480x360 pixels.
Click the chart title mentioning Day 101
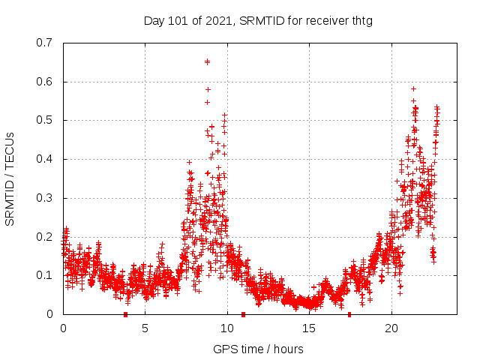tap(258, 21)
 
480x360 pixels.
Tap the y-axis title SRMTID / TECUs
tap(10, 178)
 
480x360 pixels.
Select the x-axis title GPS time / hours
tap(258, 349)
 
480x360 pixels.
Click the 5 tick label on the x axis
tap(145, 328)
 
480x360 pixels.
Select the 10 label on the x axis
tap(227, 328)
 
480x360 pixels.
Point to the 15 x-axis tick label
tap(310, 328)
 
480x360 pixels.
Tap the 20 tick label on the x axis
tap(391, 328)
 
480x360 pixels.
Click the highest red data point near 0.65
tap(207, 61)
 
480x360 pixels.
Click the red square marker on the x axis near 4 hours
tap(125, 313)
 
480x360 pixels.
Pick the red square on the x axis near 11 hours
tap(243, 313)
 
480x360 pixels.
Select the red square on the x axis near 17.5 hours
tap(349, 313)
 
